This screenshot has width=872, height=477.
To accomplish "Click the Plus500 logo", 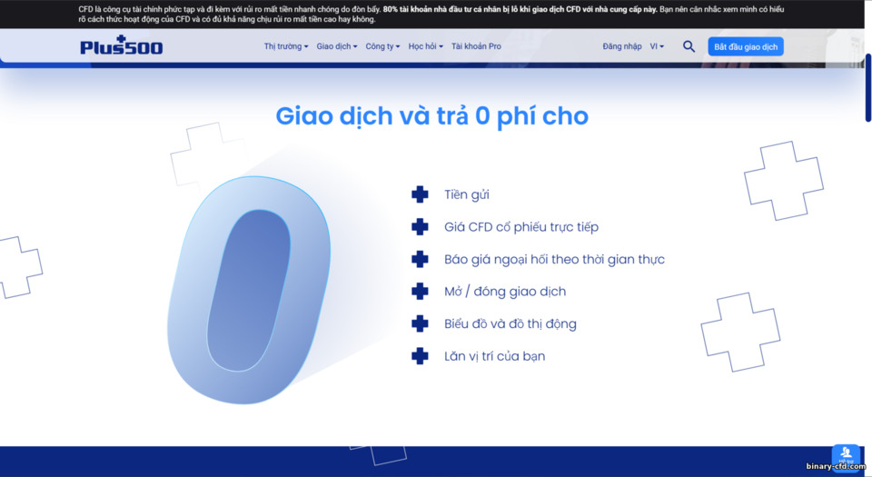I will tap(121, 46).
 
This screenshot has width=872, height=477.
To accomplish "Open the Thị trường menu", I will tap(285, 46).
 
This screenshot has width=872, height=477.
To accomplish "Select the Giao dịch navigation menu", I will tap(336, 46).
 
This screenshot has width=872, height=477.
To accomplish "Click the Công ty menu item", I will tap(382, 46).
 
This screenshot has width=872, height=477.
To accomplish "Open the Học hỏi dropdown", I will tap(425, 46).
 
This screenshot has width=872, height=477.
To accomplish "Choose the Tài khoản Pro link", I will tap(476, 46).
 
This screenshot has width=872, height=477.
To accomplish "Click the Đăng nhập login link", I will tap(621, 46).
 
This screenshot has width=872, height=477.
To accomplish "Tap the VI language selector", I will tap(657, 46).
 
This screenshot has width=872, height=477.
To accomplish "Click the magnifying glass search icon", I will tap(689, 46).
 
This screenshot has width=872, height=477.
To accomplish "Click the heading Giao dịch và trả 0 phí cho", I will tap(432, 116).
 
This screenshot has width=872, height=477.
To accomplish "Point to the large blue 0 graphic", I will tap(247, 290).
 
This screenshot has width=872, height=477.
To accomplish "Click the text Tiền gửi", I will tap(467, 194).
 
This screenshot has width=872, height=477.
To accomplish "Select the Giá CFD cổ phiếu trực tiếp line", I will tap(521, 227).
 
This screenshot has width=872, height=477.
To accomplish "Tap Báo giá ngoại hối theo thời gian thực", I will tap(554, 259).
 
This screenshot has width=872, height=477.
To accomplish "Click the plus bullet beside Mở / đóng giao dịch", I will tap(420, 292).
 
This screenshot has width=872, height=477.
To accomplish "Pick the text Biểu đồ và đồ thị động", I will tap(510, 323).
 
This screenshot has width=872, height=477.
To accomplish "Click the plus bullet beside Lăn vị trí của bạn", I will tap(420, 356).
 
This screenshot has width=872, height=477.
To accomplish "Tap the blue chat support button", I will tap(846, 455).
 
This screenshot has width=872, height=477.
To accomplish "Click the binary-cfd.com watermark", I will tap(836, 467).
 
